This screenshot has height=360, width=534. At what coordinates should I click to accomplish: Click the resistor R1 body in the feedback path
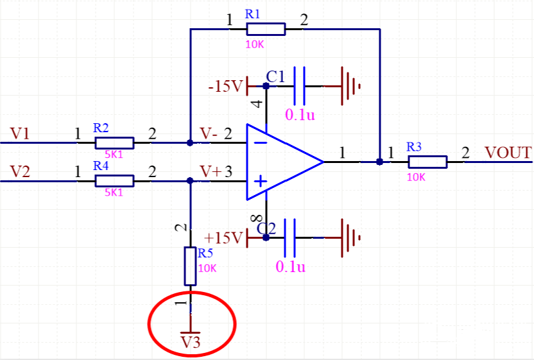click(266, 28)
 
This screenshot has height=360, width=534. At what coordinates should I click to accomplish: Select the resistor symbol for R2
click(114, 142)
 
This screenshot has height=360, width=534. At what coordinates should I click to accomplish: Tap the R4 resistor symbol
click(114, 181)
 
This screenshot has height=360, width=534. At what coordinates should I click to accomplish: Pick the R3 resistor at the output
click(427, 162)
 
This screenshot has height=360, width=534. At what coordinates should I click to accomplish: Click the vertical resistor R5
click(190, 266)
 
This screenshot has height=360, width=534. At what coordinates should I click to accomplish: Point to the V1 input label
click(20, 133)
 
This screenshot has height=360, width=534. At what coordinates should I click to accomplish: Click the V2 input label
click(20, 172)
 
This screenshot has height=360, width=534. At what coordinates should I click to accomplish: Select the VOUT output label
click(508, 153)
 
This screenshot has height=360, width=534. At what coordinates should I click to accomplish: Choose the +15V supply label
click(225, 239)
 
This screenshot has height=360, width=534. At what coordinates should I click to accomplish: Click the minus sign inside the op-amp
click(260, 142)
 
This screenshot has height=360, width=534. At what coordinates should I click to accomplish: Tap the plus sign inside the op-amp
click(260, 182)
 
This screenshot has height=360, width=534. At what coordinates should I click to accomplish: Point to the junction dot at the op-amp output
click(379, 162)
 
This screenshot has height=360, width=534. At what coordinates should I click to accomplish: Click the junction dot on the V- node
click(190, 142)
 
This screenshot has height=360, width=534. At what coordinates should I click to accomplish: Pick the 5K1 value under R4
click(114, 192)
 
